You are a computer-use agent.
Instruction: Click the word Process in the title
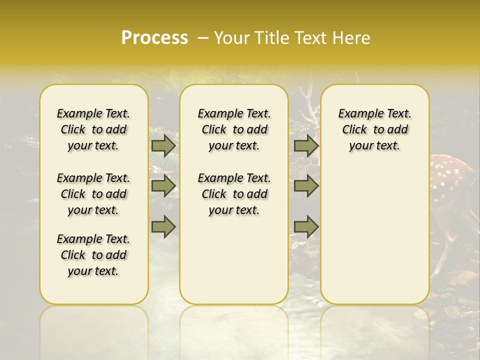(154, 38)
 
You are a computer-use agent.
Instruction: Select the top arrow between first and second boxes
(163, 146)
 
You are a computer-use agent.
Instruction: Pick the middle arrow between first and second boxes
(163, 186)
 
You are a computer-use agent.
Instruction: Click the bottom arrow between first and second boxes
(163, 226)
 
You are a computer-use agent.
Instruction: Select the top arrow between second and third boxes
(306, 146)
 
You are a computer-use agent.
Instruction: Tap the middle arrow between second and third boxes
(306, 186)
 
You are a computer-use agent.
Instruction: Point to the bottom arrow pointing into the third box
(306, 226)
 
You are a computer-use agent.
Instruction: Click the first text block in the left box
(93, 129)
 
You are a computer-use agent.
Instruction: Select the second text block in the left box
(93, 194)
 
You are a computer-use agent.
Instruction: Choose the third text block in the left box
(93, 255)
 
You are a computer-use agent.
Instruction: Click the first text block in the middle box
(234, 129)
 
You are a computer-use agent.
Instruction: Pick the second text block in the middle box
(234, 194)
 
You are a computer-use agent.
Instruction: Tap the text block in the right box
(375, 129)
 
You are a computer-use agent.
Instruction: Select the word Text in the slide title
(311, 38)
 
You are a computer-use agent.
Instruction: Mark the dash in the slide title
(203, 38)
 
